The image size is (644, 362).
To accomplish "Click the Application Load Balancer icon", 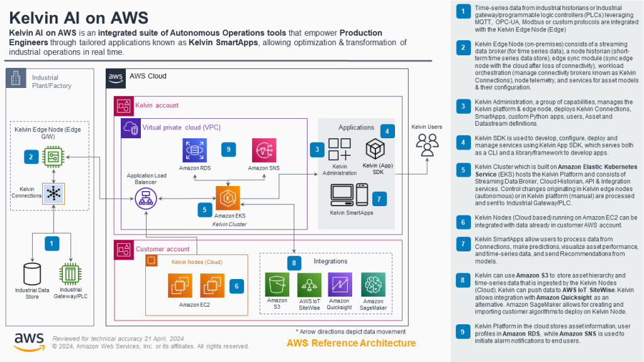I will tap(147, 200).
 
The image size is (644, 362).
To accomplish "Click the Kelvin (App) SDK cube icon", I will tap(375, 150).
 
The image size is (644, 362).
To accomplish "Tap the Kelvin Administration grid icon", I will tap(340, 150).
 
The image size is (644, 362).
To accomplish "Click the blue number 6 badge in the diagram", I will tap(236, 285).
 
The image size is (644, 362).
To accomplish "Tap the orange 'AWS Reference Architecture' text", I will tap(351, 343).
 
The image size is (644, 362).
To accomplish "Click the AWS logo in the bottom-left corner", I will tap(28, 341).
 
